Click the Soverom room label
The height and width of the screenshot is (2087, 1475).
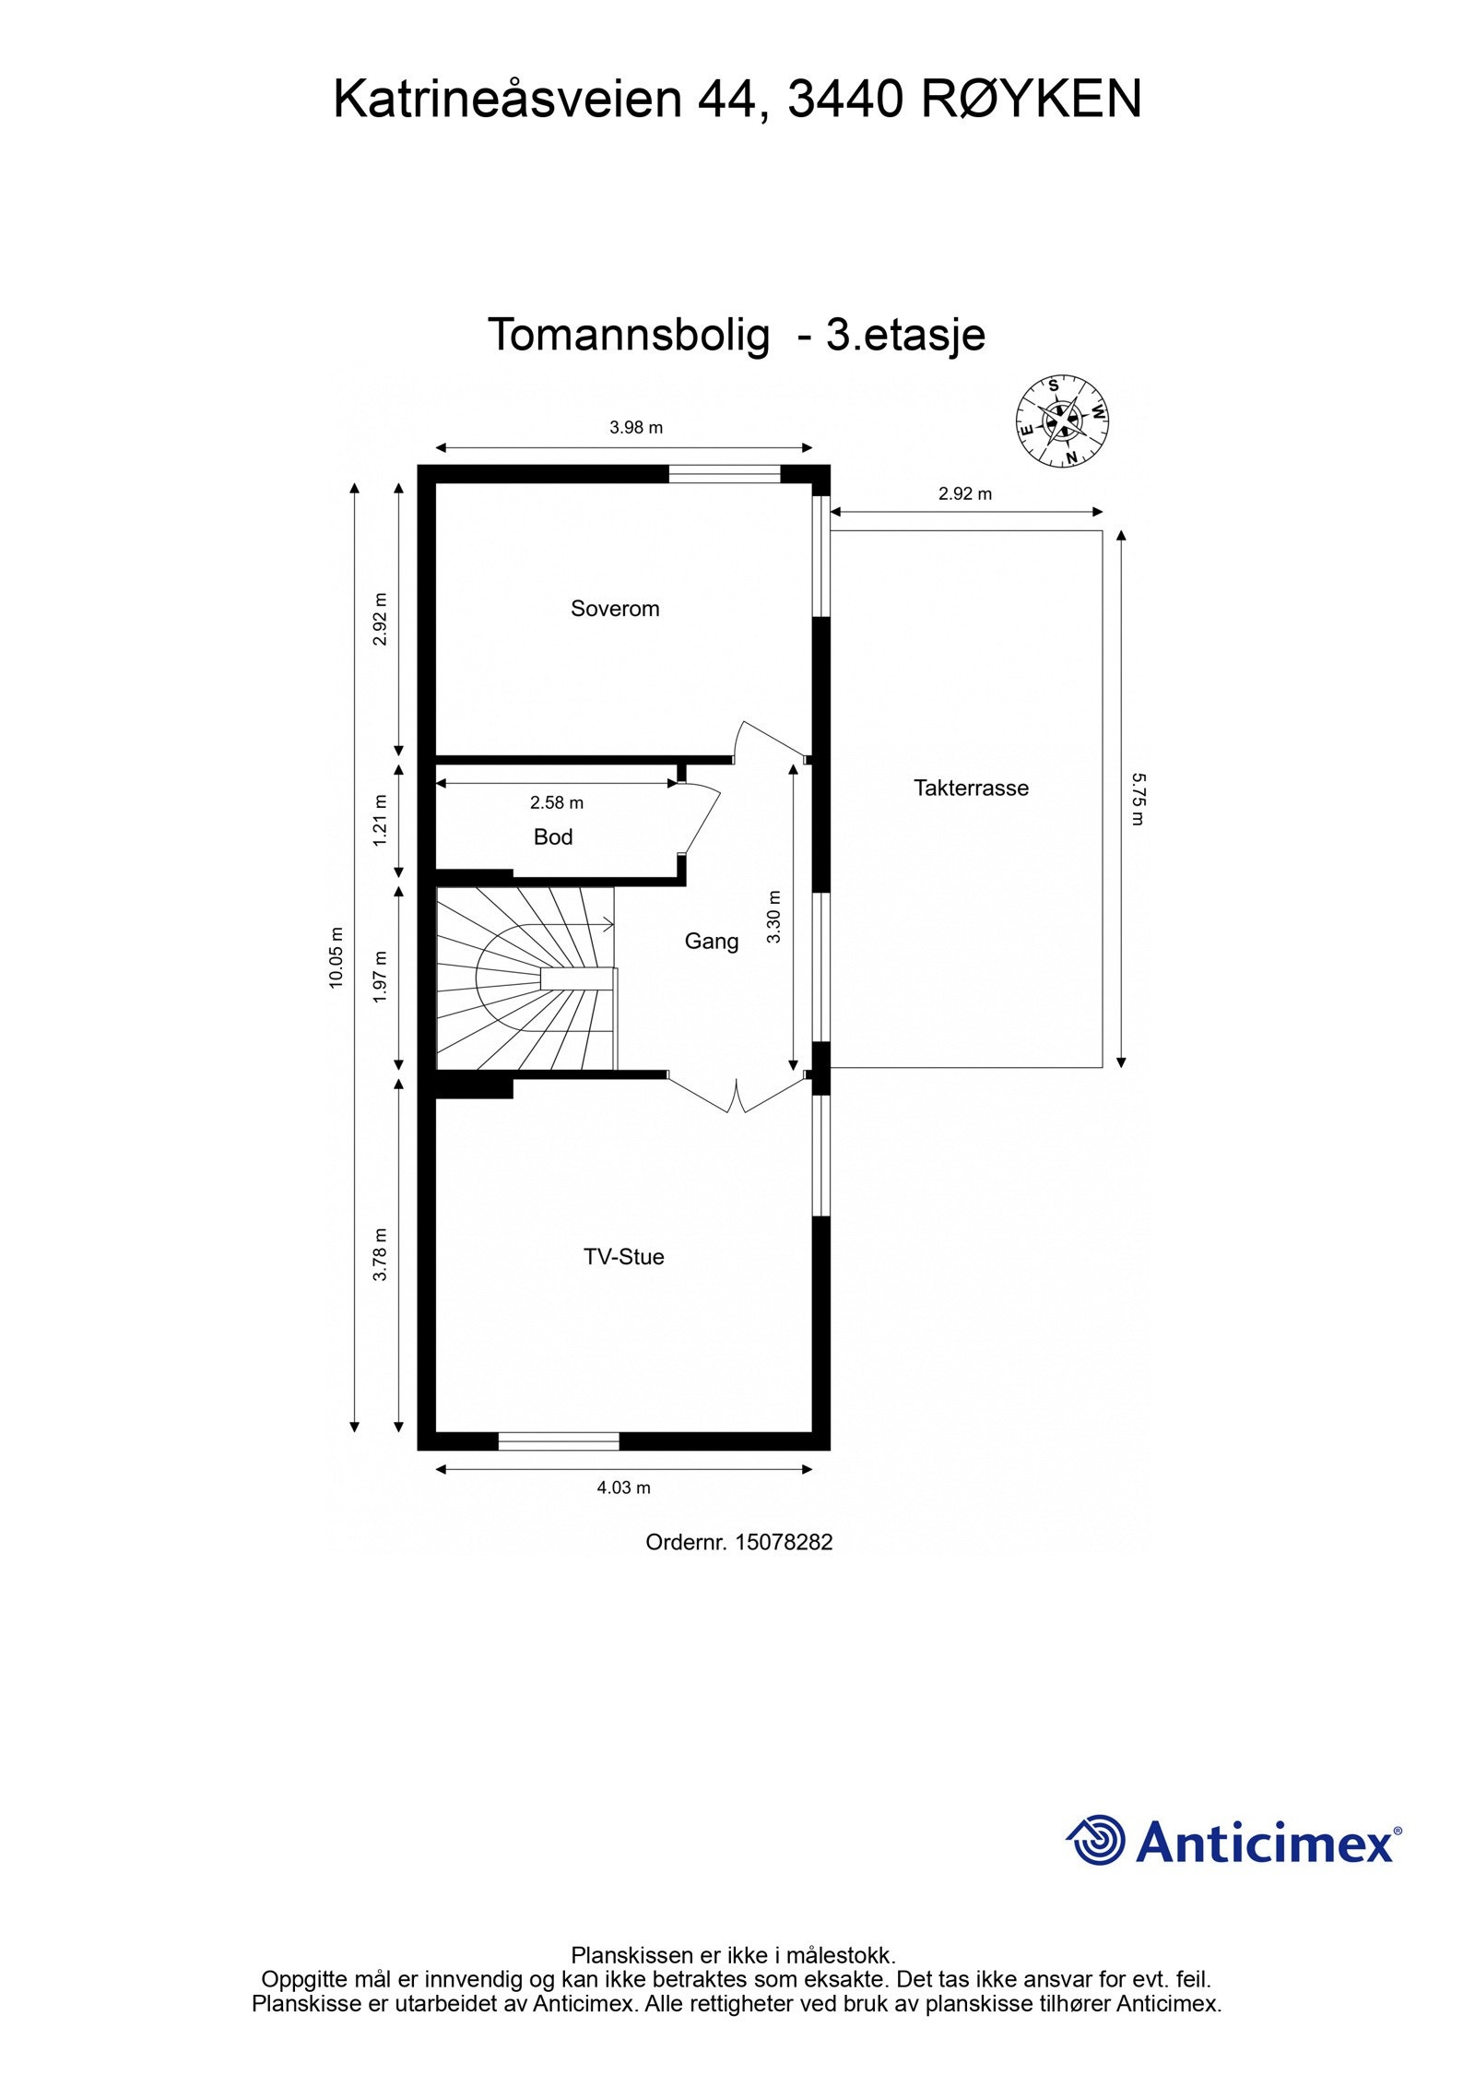click(615, 609)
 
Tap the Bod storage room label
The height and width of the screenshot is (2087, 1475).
click(553, 836)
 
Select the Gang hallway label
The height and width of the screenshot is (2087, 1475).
click(711, 941)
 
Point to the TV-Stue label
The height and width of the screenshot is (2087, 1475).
click(623, 1256)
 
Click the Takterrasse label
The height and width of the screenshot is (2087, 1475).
click(971, 788)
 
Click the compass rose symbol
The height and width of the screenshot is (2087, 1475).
click(1061, 421)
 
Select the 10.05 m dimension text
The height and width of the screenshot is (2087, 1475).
click(336, 958)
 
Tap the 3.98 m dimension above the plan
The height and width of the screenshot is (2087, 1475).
click(636, 428)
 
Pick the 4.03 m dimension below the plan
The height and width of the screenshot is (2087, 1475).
click(624, 1487)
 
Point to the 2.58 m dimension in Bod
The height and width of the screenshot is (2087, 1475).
click(557, 802)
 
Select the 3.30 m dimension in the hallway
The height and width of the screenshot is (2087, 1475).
click(774, 917)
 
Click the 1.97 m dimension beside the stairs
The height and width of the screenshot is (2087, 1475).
click(380, 977)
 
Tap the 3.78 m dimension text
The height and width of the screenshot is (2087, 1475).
click(380, 1254)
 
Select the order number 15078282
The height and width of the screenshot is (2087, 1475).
click(784, 1542)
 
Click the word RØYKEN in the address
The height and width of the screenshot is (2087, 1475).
click(1032, 100)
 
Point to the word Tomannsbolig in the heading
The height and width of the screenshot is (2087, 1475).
click(628, 335)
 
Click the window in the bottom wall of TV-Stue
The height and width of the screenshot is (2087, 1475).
click(559, 1441)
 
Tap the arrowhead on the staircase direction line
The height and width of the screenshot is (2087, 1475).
click(610, 923)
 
